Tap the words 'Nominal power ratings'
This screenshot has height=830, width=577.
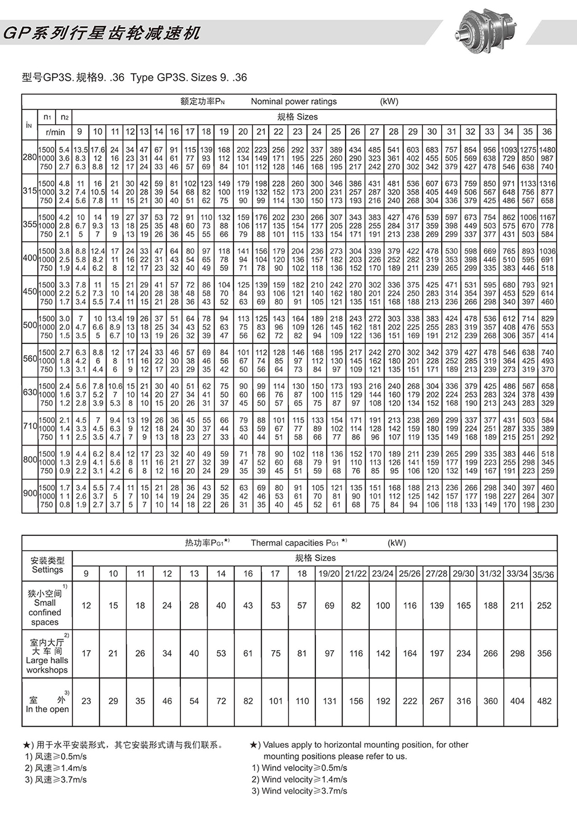tap(294, 101)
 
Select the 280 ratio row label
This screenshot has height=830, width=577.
tap(29, 158)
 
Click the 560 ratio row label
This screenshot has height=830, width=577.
tap(29, 359)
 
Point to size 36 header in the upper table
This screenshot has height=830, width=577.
tap(547, 132)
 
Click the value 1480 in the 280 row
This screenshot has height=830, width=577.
tap(547, 150)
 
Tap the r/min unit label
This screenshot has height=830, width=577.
tap(55, 132)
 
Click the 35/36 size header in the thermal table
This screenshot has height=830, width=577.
tap(543, 575)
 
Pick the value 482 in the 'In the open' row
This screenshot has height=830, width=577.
tap(544, 701)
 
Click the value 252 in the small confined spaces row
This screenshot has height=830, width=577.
tap(544, 606)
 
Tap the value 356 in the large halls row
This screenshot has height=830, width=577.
tap(544, 653)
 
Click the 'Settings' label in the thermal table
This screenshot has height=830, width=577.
tap(47, 570)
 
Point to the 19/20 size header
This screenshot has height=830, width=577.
tap(329, 574)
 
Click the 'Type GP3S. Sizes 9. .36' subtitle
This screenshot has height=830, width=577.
tap(188, 78)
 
